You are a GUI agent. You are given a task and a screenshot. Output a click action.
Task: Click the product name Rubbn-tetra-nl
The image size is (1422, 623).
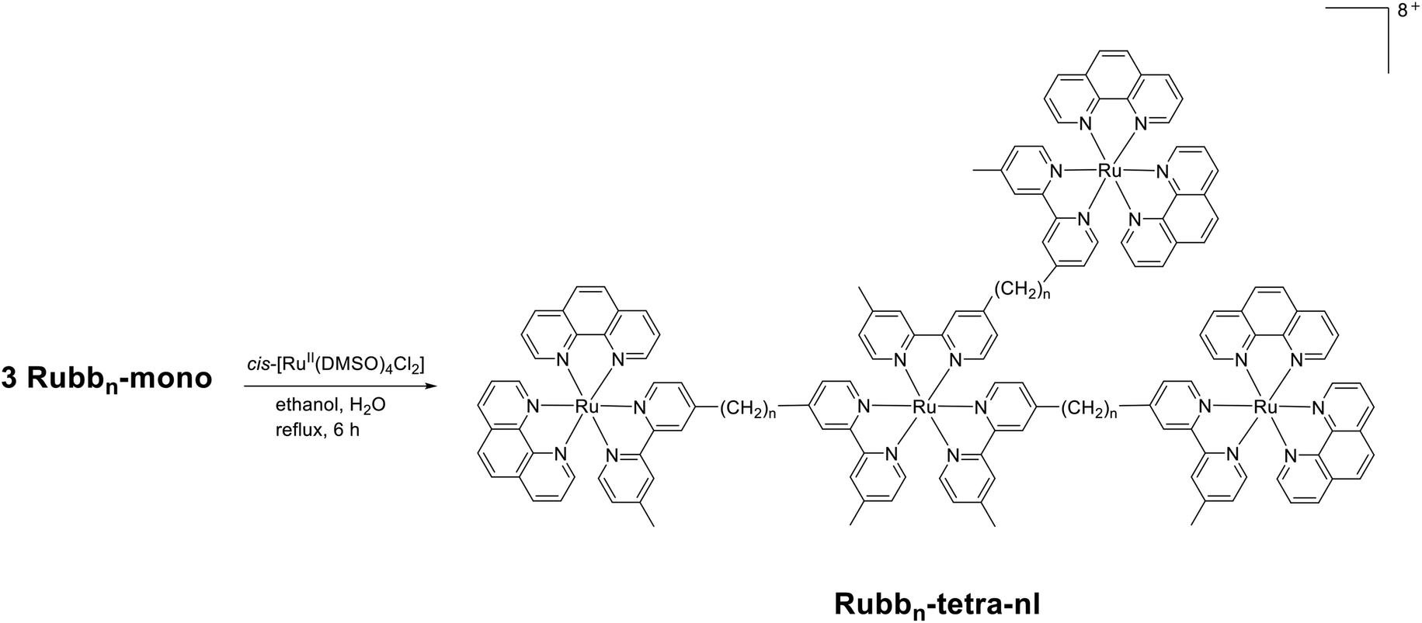[937, 604]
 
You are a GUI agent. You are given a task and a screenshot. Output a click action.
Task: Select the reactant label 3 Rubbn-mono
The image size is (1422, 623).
[106, 379]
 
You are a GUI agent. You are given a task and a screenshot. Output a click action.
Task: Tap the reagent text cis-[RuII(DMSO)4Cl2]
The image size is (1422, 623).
[336, 362]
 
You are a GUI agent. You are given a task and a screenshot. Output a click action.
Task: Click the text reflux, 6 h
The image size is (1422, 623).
[317, 429]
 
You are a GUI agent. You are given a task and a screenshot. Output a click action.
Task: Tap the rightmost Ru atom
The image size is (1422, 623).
[1265, 406]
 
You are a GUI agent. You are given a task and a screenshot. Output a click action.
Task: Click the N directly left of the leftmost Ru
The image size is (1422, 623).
[534, 405]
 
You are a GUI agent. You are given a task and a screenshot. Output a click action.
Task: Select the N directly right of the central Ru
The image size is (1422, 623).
[980, 406]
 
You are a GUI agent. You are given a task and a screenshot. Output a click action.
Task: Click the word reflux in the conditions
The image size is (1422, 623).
[297, 429]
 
